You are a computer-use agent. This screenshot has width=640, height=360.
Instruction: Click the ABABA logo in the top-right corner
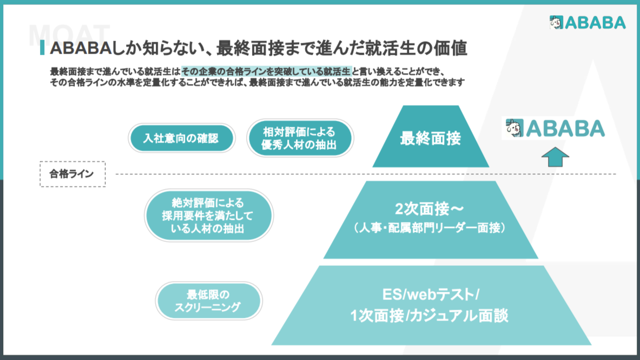(x=588, y=23)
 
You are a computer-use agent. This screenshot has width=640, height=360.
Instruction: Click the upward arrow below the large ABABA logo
(x=555, y=157)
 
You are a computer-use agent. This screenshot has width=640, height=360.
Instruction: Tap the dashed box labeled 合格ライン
(x=72, y=174)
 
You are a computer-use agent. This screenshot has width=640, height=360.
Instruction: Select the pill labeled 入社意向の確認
(x=181, y=138)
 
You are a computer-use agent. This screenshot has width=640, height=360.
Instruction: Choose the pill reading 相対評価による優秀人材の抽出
(x=300, y=138)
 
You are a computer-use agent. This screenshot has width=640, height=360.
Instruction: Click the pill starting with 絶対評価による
(x=209, y=215)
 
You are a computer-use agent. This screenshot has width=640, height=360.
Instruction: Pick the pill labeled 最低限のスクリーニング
(x=209, y=301)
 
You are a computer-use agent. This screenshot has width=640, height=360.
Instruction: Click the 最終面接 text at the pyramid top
(x=430, y=139)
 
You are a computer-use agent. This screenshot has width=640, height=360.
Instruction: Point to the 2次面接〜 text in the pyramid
(x=430, y=209)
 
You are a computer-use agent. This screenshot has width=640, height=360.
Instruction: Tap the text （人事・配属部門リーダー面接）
(x=430, y=227)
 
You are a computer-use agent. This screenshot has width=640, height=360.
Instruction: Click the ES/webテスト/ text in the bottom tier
(x=430, y=294)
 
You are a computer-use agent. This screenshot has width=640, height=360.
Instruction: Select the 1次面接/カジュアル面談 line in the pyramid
(x=430, y=316)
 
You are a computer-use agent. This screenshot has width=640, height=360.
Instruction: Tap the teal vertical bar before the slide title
(x=42, y=48)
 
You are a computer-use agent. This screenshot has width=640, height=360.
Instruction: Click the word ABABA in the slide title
(x=81, y=48)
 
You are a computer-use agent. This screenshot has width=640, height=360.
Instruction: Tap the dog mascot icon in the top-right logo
(x=556, y=23)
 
